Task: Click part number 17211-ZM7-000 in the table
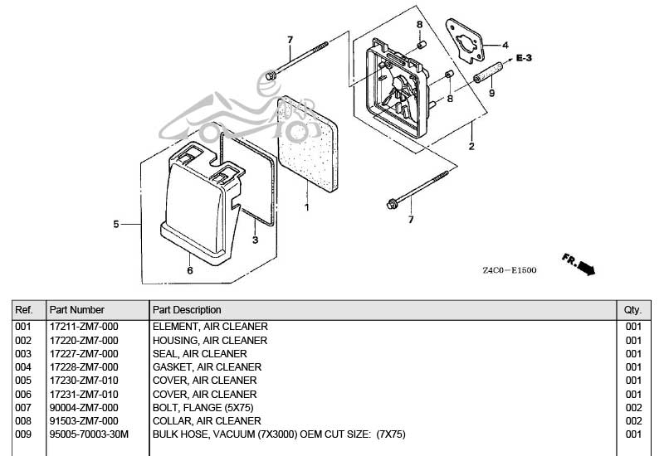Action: click(83, 327)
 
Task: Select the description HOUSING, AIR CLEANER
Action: click(210, 340)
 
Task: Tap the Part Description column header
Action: click(187, 309)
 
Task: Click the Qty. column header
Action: click(632, 309)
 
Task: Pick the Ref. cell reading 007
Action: click(23, 407)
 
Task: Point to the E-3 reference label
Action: click(525, 58)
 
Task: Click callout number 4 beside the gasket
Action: click(505, 46)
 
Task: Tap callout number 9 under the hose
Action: click(491, 94)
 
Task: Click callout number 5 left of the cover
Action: click(116, 224)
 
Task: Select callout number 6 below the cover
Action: click(189, 270)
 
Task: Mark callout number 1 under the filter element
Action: click(306, 206)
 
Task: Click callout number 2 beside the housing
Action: click(471, 147)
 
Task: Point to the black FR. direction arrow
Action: click(586, 267)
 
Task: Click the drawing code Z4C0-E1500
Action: click(510, 270)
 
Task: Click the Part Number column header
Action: click(77, 309)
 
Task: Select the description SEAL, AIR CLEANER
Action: click(200, 353)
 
